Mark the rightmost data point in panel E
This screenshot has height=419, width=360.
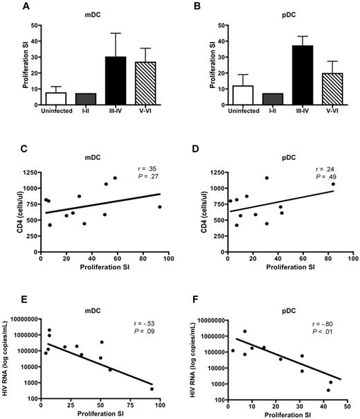point(152,389)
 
